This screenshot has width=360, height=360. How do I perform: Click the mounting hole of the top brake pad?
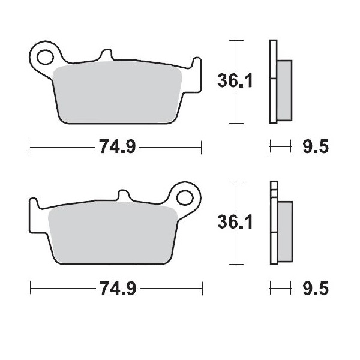click(44, 58)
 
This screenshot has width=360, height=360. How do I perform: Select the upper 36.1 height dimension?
click(234, 80)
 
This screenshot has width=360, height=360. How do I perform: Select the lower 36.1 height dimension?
click(235, 222)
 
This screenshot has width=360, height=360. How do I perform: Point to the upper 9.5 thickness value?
click(315, 146)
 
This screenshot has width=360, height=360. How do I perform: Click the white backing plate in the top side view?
click(274, 81)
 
